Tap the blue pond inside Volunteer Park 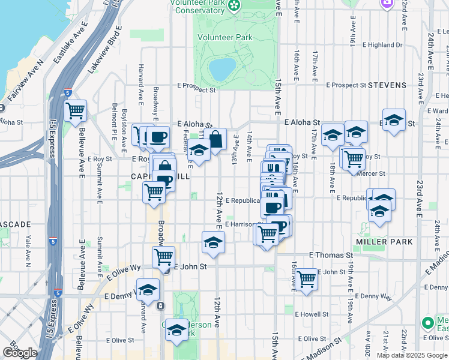(221, 69)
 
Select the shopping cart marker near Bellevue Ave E (76, 110)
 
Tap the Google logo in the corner (19, 352)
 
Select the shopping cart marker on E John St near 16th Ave (307, 279)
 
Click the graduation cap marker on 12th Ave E (212, 242)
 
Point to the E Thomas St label (331, 255)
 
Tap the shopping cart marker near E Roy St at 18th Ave (354, 159)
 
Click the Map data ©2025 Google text (412, 355)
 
